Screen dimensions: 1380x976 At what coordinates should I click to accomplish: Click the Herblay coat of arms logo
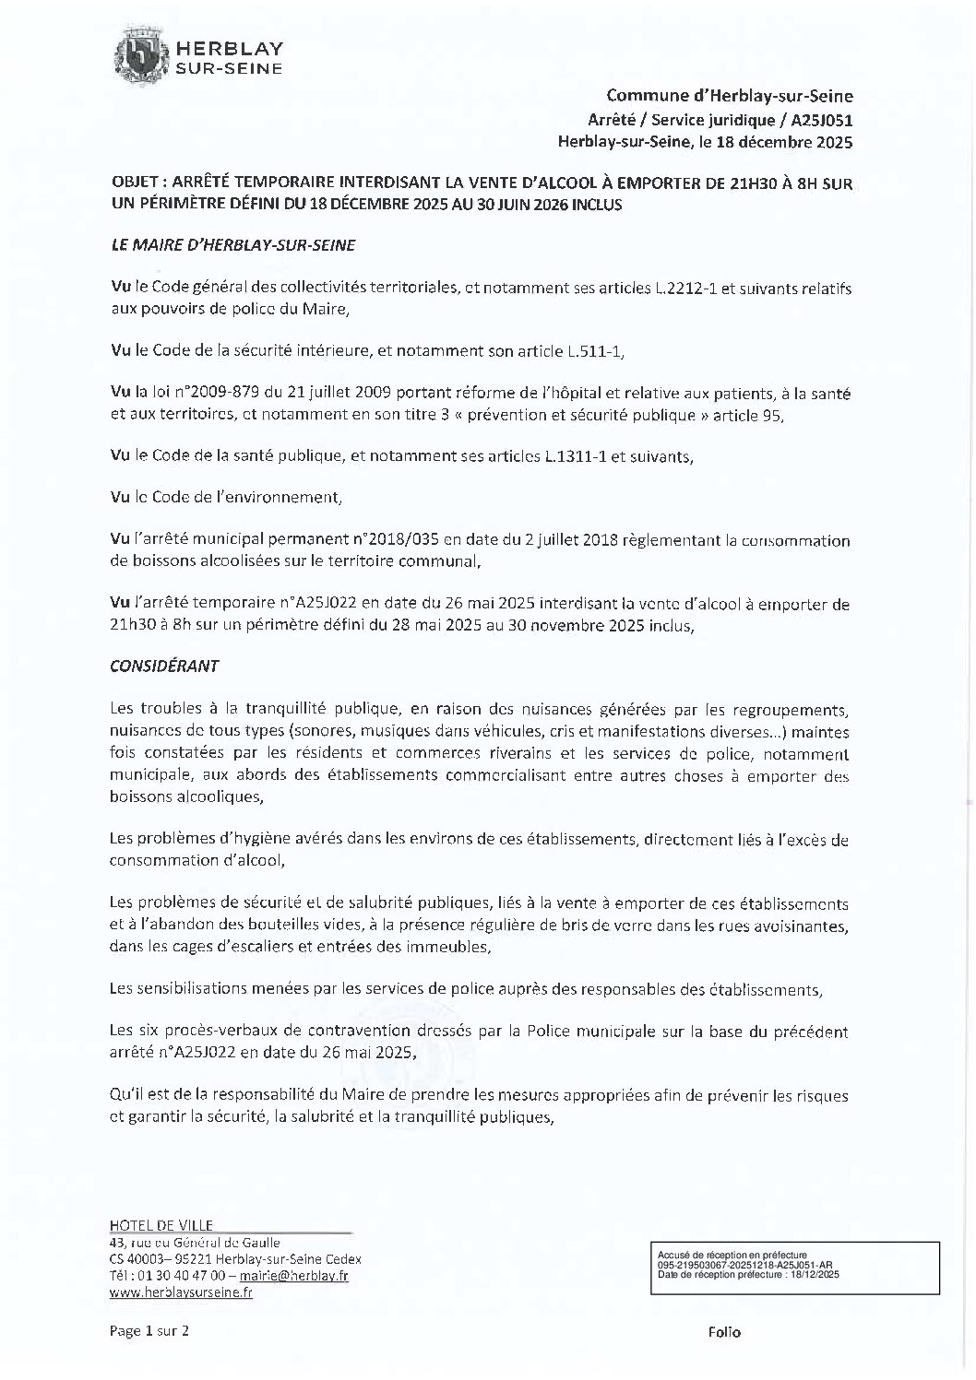[140, 57]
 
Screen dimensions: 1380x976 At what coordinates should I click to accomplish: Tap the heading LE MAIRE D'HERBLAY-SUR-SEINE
[232, 246]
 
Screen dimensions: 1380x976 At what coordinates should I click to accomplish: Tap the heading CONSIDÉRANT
[164, 665]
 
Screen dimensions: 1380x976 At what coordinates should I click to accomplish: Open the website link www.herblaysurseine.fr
[181, 1292]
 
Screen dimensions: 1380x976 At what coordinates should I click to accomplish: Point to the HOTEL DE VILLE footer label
[161, 1225]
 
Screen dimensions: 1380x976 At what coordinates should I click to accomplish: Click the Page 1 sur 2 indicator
[149, 1331]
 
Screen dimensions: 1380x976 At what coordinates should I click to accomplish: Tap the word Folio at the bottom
[724, 1332]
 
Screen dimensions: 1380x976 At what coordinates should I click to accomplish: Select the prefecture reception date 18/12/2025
[809, 1274]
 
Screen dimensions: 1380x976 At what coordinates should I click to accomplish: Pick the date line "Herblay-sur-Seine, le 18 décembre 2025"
[706, 142]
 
